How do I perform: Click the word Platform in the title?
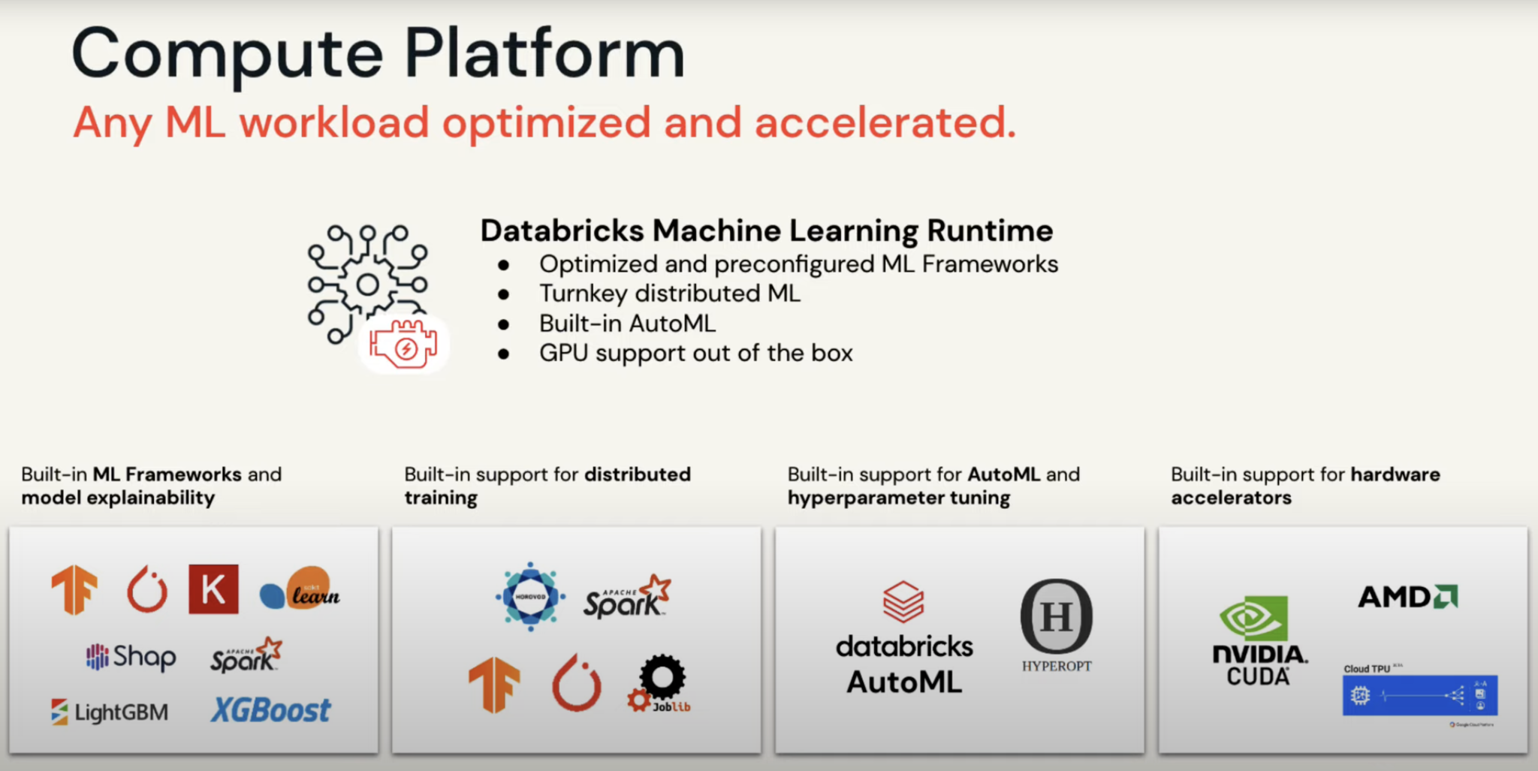pyautogui.click(x=544, y=54)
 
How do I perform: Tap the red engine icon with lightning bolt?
pyautogui.click(x=404, y=345)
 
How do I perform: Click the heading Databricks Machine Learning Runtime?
pyautogui.click(x=766, y=230)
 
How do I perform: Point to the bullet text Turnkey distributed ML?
pyautogui.click(x=669, y=294)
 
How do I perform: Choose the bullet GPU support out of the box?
pyautogui.click(x=695, y=353)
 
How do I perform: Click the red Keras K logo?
pyautogui.click(x=213, y=589)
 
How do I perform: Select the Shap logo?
pyautogui.click(x=131, y=658)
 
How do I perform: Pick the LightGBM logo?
pyautogui.click(x=110, y=711)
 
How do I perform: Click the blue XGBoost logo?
pyautogui.click(x=270, y=710)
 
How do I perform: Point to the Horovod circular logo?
pyautogui.click(x=530, y=596)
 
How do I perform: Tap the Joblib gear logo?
pyautogui.click(x=659, y=683)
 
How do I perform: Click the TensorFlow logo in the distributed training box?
pyautogui.click(x=493, y=683)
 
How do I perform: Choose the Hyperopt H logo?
pyautogui.click(x=1056, y=617)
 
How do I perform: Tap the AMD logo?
pyautogui.click(x=1407, y=597)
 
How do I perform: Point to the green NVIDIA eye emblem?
pyautogui.click(x=1253, y=618)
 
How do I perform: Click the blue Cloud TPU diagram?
pyautogui.click(x=1419, y=695)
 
